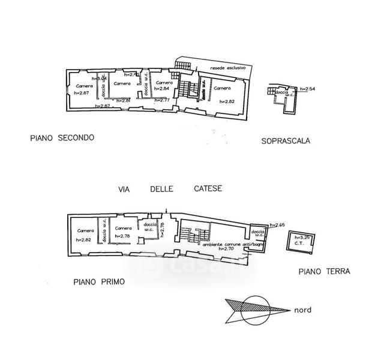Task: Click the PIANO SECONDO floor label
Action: (62, 138)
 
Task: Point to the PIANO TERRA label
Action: (324, 272)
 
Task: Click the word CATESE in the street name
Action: (208, 188)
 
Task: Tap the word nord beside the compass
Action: (302, 311)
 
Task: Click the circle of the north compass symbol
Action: (251, 309)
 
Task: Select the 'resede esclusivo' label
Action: (228, 68)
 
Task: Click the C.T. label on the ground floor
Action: (298, 244)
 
